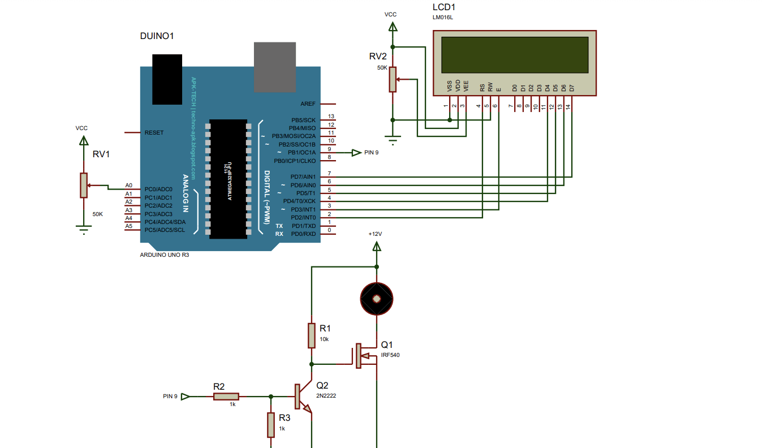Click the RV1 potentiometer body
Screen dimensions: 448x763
(84, 186)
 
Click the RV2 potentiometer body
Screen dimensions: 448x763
(393, 79)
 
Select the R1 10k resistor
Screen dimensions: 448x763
(312, 335)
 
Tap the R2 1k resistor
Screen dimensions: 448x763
(226, 397)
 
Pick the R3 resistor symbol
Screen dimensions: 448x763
(271, 425)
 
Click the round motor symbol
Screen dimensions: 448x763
(377, 298)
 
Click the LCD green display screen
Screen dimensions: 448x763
(514, 54)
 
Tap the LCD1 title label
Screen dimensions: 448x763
(443, 7)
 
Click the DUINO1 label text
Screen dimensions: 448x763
(157, 36)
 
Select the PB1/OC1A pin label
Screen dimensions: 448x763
(302, 153)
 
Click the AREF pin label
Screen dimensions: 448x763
(308, 104)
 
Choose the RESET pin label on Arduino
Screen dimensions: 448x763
(154, 132)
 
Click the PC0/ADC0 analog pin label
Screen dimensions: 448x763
(158, 189)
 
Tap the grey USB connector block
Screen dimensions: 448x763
(275, 67)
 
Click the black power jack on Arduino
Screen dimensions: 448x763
(167, 79)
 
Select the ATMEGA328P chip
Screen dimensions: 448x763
(229, 179)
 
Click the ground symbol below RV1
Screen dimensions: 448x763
(84, 229)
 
